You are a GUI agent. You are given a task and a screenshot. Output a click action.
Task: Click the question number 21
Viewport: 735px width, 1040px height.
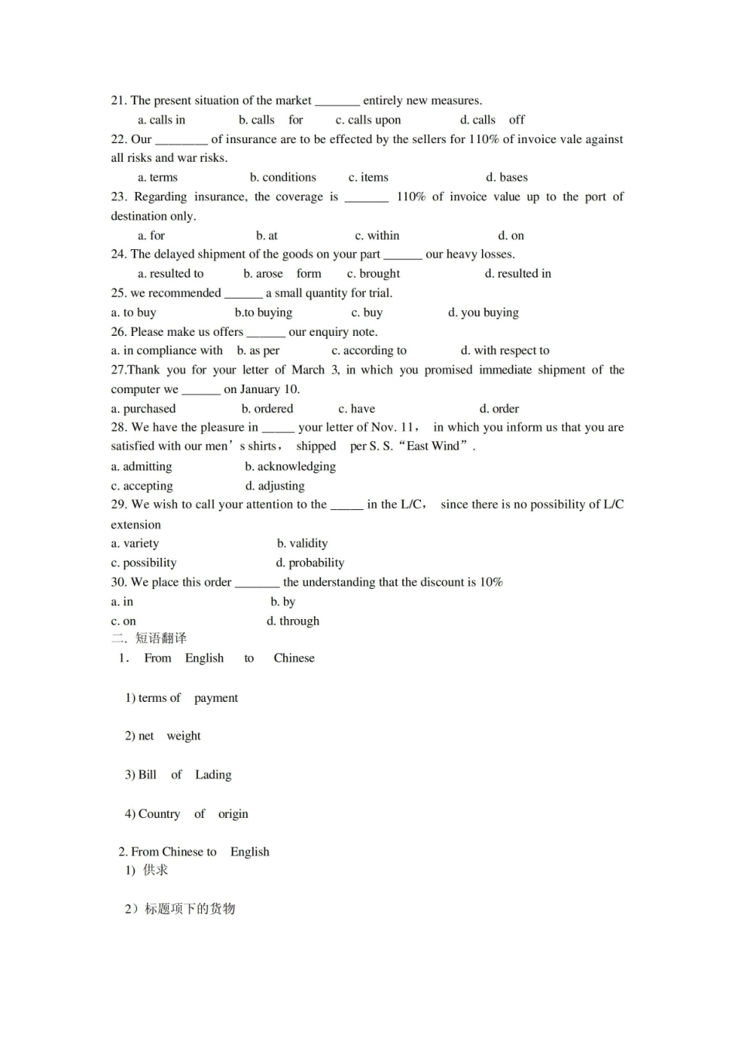[118, 101]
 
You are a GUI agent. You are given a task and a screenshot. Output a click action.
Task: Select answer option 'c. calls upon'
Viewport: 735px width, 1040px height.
[368, 120]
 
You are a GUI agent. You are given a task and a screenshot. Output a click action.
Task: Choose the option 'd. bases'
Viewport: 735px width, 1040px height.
[507, 177]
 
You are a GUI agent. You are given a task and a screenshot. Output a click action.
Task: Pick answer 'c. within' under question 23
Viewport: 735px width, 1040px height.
[377, 235]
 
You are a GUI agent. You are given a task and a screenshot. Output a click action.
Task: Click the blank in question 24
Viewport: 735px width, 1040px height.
[402, 255]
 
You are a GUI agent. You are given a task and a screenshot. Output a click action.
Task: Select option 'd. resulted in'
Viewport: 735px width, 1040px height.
[518, 273]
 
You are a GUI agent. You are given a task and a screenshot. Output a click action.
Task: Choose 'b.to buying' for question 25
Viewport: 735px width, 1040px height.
[263, 313]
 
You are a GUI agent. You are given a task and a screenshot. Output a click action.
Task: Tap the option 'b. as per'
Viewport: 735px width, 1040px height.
[258, 351]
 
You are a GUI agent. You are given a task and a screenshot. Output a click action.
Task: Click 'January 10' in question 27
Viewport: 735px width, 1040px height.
[270, 389]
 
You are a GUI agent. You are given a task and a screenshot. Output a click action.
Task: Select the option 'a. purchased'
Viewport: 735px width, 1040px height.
[143, 409]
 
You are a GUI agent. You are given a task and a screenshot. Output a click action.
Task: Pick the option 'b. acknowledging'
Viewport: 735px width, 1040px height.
[290, 467]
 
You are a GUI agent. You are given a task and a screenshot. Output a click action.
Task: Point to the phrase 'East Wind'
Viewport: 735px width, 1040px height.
[432, 446]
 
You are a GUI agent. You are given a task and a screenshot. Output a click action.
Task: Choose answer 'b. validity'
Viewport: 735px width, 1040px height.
[302, 543]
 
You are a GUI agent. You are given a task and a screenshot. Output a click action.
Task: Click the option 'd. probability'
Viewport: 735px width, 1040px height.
[309, 563]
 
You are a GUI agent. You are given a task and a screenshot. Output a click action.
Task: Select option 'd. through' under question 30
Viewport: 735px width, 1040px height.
[292, 621]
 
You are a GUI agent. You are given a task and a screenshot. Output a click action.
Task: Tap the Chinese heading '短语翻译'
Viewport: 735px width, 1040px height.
[161, 638]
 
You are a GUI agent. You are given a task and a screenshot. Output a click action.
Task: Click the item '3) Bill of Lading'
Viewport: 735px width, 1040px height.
[178, 775]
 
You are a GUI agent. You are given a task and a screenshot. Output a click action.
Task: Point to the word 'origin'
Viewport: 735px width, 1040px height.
[233, 814]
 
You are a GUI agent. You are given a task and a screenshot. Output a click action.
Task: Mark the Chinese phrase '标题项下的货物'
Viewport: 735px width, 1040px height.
[190, 908]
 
